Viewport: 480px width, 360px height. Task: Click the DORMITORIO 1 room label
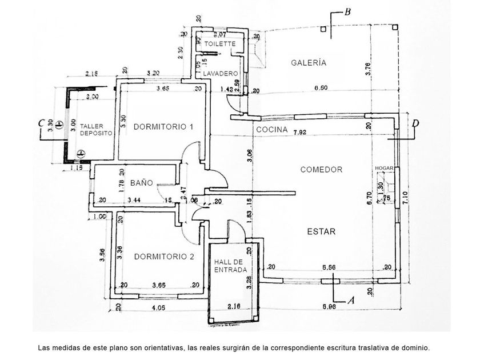[x=163, y=126]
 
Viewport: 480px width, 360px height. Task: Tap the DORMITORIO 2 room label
[x=164, y=257]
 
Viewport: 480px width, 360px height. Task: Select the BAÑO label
[x=141, y=183]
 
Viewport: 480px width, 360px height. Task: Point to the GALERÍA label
[x=308, y=63]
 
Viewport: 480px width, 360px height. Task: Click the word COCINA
[x=271, y=131]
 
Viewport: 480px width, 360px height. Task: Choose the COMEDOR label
[x=321, y=170]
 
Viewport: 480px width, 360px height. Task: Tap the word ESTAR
[x=321, y=231]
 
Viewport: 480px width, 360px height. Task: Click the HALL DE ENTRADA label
[x=230, y=266]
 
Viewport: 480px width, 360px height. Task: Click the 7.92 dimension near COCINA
[x=299, y=133]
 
